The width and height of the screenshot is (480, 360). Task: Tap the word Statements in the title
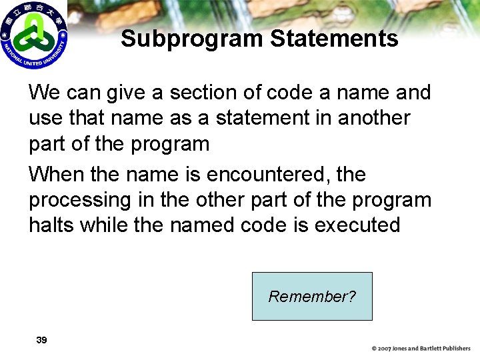tap(334, 39)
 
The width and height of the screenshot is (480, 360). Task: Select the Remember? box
tap(312, 296)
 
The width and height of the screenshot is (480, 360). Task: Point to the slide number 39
tap(41, 340)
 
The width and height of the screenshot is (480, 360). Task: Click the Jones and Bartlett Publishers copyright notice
tap(421, 348)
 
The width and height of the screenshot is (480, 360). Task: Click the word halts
tap(51, 225)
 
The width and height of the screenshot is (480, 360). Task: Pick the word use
tap(44, 117)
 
